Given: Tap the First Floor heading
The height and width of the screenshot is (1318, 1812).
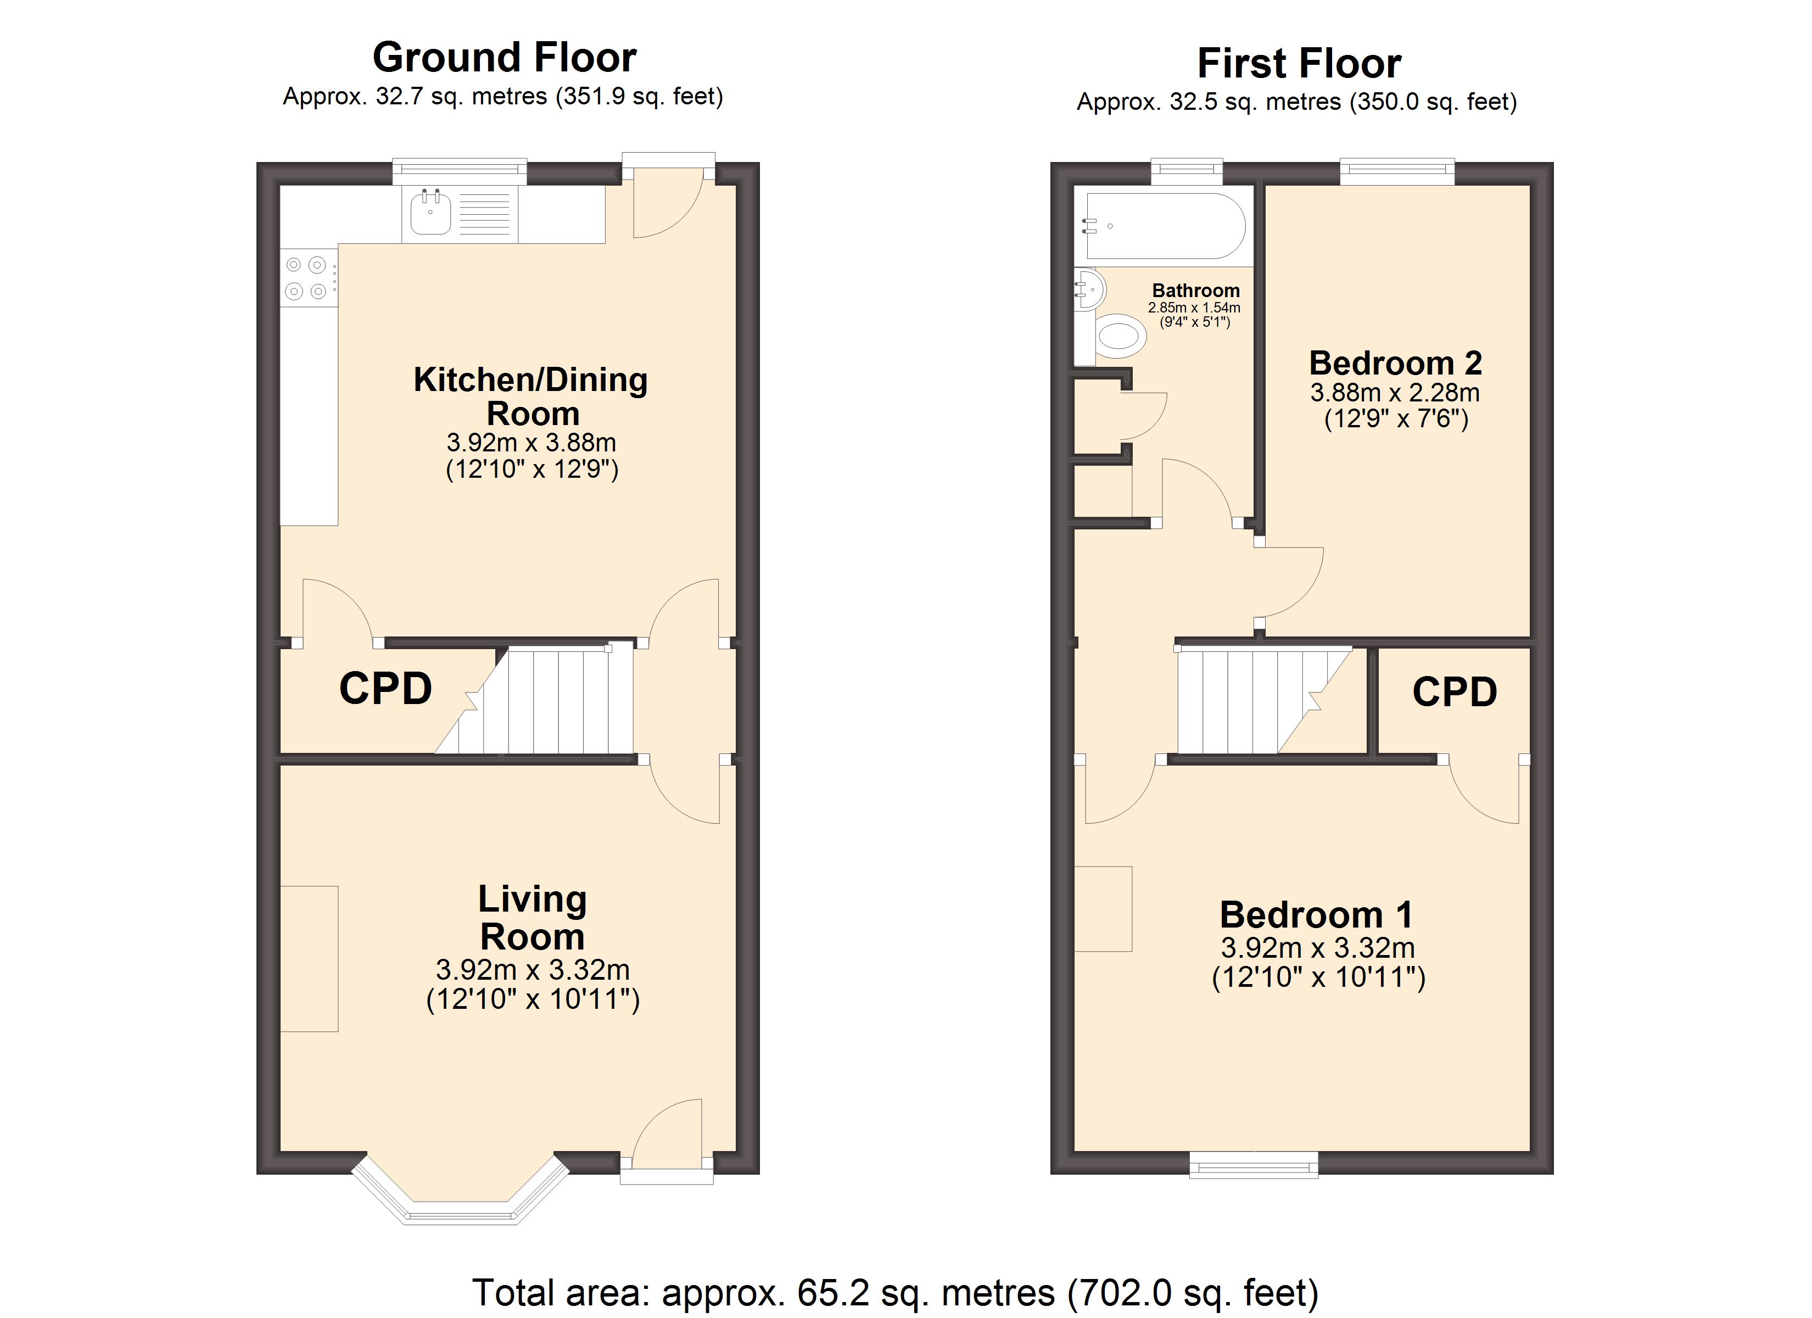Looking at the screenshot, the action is click(x=1299, y=63).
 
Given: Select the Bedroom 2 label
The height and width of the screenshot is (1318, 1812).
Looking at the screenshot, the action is click(x=1395, y=363).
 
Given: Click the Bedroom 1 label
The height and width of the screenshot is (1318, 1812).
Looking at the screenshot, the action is click(x=1317, y=914).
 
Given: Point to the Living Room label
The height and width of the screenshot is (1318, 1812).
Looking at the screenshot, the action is click(x=532, y=918).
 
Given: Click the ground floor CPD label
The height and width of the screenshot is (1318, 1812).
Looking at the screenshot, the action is click(x=385, y=688).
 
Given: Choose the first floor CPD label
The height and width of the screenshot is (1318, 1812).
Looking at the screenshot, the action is click(x=1455, y=692).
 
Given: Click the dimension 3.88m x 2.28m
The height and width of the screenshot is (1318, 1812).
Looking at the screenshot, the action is click(x=1395, y=393).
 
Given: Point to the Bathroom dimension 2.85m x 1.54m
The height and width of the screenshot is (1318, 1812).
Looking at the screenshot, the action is click(x=1194, y=308).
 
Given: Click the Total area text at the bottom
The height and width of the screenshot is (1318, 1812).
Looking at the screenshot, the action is click(x=895, y=1292).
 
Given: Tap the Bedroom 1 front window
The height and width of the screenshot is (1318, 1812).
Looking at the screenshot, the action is click(x=1254, y=1165).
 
